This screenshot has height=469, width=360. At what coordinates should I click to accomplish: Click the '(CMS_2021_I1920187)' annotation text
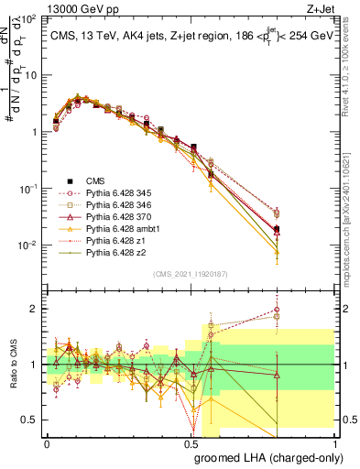tap(191, 274)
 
